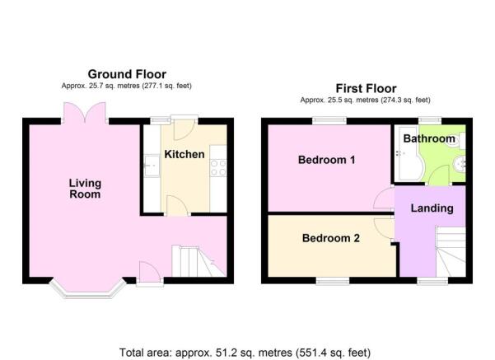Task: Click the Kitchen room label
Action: click(x=184, y=154)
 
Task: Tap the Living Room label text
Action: click(x=85, y=189)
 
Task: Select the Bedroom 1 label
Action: click(x=327, y=160)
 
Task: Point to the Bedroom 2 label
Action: click(x=331, y=238)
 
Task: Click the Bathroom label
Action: click(x=429, y=138)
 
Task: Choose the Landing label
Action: click(x=432, y=208)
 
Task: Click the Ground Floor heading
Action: click(x=127, y=74)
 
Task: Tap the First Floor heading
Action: click(x=366, y=88)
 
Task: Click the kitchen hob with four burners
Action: click(x=218, y=168)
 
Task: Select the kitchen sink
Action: click(x=152, y=166)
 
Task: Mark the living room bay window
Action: click(x=88, y=288)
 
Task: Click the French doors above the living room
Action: click(x=85, y=113)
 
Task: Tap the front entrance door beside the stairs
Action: click(x=149, y=274)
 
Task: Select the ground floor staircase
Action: click(x=198, y=261)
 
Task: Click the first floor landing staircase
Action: click(x=451, y=251)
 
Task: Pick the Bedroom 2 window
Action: click(x=333, y=281)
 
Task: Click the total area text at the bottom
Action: click(x=245, y=353)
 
